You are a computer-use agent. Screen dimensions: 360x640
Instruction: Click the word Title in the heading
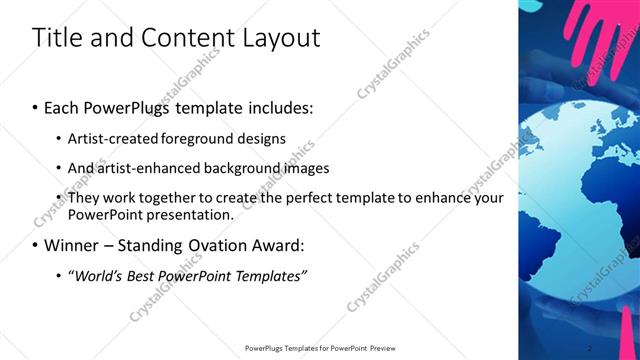click(x=56, y=39)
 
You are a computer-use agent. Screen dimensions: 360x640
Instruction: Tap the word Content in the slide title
click(x=185, y=39)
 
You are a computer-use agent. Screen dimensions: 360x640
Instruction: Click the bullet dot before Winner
click(x=36, y=245)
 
